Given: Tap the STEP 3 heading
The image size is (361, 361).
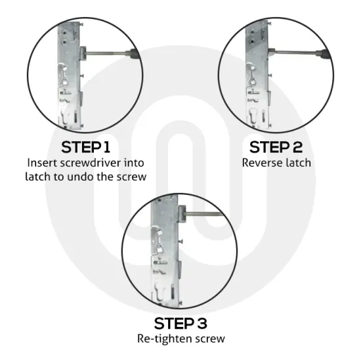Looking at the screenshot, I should pyautogui.click(x=181, y=323).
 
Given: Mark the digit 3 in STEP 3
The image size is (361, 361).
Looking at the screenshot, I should pyautogui.click(x=205, y=323).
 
